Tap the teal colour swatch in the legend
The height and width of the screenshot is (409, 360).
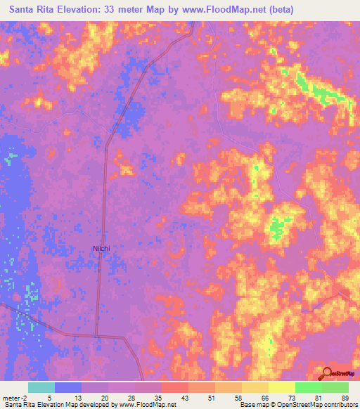click(x=41, y=387)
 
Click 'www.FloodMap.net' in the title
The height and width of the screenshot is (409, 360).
click(x=221, y=10)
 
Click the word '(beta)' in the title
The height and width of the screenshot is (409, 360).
click(x=279, y=10)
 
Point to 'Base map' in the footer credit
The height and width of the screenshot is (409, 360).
click(x=252, y=405)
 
